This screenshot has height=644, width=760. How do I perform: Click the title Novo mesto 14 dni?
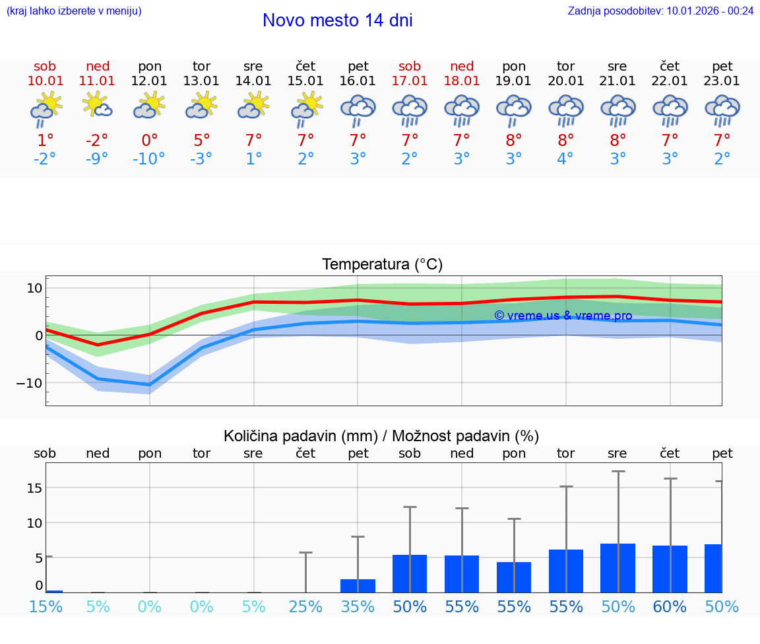[337, 20]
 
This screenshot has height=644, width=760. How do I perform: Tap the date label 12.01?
[150, 81]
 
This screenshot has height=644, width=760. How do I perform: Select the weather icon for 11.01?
[98, 106]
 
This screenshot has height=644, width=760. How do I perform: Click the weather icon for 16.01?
[358, 110]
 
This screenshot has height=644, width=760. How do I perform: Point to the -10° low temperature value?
[148, 159]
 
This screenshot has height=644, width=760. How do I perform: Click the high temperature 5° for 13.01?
[202, 140]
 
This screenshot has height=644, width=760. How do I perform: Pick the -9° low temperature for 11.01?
[97, 159]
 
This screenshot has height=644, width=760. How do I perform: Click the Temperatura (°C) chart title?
[382, 265]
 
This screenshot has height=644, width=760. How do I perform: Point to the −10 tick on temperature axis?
[30, 383]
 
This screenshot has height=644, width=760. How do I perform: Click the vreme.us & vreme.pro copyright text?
[563, 316]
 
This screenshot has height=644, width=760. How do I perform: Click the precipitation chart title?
[381, 436]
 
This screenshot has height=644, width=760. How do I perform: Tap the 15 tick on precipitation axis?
[35, 488]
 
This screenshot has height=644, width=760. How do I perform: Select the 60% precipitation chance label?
[670, 607]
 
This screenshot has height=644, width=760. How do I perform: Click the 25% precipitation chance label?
[305, 607]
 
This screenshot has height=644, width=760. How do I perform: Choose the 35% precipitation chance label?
[358, 607]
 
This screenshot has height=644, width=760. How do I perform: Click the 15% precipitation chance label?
[46, 607]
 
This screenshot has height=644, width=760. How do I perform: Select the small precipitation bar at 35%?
[358, 586]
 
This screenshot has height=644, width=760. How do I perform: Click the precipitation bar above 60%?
[670, 569]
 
